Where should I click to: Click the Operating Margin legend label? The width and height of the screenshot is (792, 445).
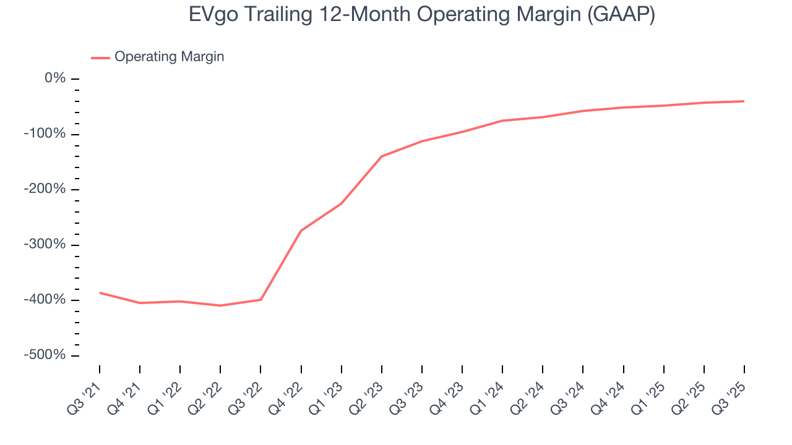(x=169, y=57)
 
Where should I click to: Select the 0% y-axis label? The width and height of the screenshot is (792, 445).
(x=55, y=78)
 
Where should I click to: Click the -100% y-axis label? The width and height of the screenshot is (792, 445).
(x=45, y=134)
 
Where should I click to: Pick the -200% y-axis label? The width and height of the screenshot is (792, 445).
(x=45, y=189)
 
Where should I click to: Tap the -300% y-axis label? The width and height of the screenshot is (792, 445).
(x=45, y=244)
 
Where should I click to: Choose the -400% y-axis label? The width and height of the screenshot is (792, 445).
(x=45, y=300)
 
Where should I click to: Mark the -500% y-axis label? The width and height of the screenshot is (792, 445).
(x=45, y=355)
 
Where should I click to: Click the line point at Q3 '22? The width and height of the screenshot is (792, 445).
(x=260, y=300)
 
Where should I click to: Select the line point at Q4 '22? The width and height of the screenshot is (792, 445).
(x=301, y=231)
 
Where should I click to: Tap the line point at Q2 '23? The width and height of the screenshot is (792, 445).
(x=381, y=156)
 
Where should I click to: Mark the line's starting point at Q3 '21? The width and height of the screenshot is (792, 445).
(x=100, y=292)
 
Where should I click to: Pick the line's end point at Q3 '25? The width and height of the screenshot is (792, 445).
(x=744, y=101)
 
